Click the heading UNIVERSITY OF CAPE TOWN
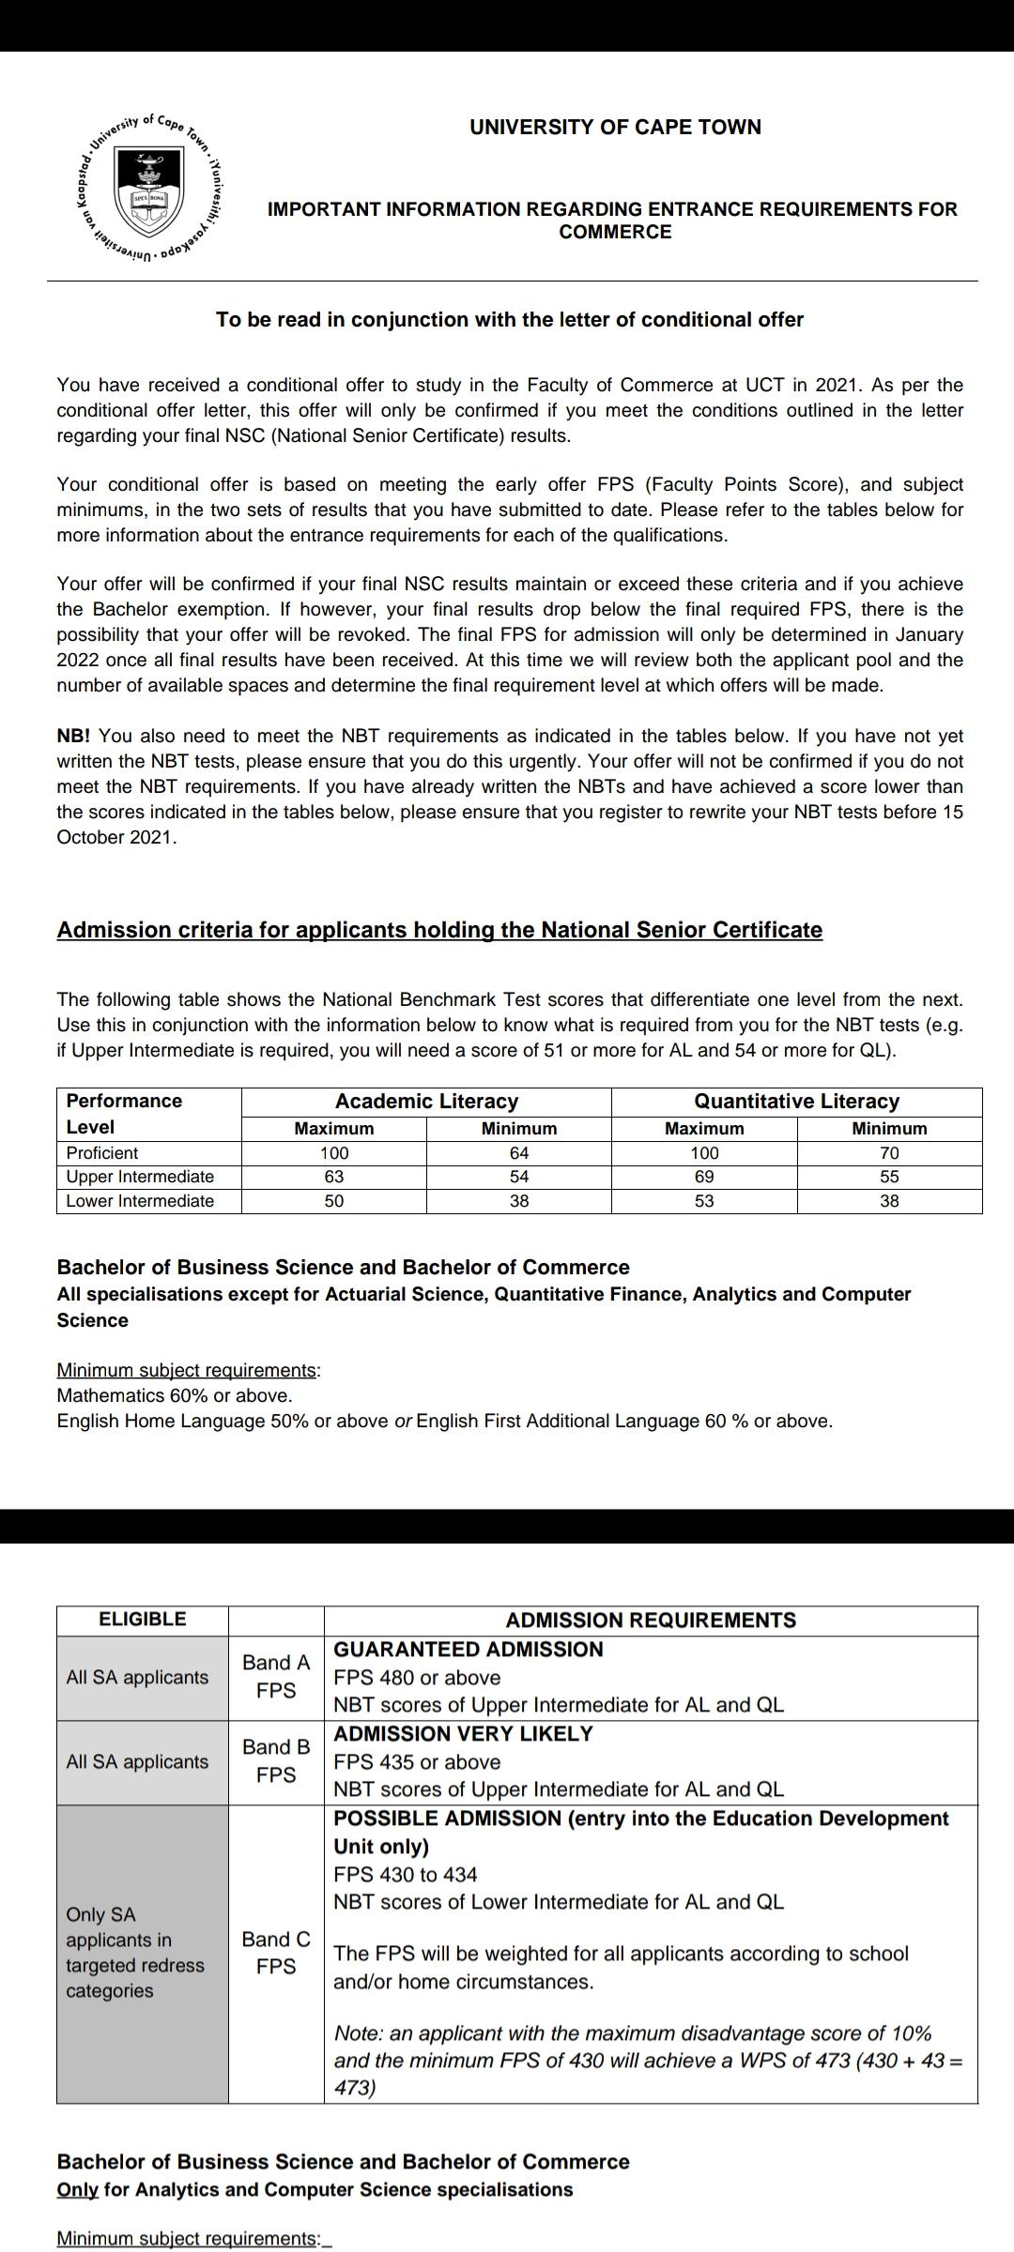tap(615, 127)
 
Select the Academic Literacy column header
tap(426, 1101)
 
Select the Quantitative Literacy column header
tap(796, 1101)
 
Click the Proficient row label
tap(101, 1152)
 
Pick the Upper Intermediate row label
tap(140, 1177)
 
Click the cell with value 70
tap(889, 1152)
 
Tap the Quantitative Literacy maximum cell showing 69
tap(704, 1177)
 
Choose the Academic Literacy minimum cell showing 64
tap(519, 1152)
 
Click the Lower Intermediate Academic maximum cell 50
tap(333, 1201)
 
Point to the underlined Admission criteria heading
tap(439, 930)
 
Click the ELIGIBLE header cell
tap(143, 1619)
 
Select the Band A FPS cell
tap(276, 1676)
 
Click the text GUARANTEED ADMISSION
tap(469, 1650)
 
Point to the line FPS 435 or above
tap(417, 1761)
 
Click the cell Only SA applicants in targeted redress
tap(135, 1952)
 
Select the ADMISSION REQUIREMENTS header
tap(651, 1620)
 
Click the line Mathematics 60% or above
tap(175, 1395)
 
